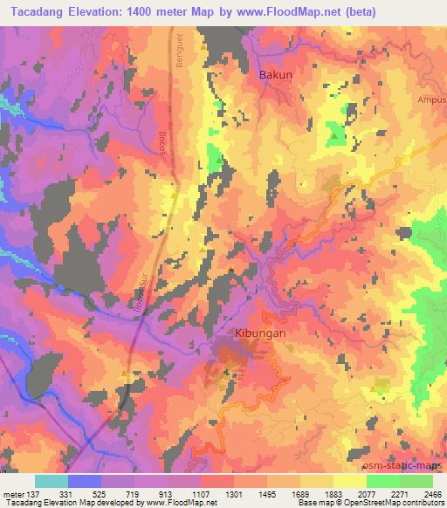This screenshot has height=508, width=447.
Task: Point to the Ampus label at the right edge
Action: [x=433, y=98]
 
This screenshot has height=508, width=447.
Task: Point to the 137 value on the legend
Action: [x=30, y=493]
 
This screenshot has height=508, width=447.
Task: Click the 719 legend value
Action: [x=133, y=493]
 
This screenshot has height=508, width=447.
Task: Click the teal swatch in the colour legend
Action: [x=52, y=481]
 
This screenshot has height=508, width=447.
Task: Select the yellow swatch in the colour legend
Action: [x=350, y=481]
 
